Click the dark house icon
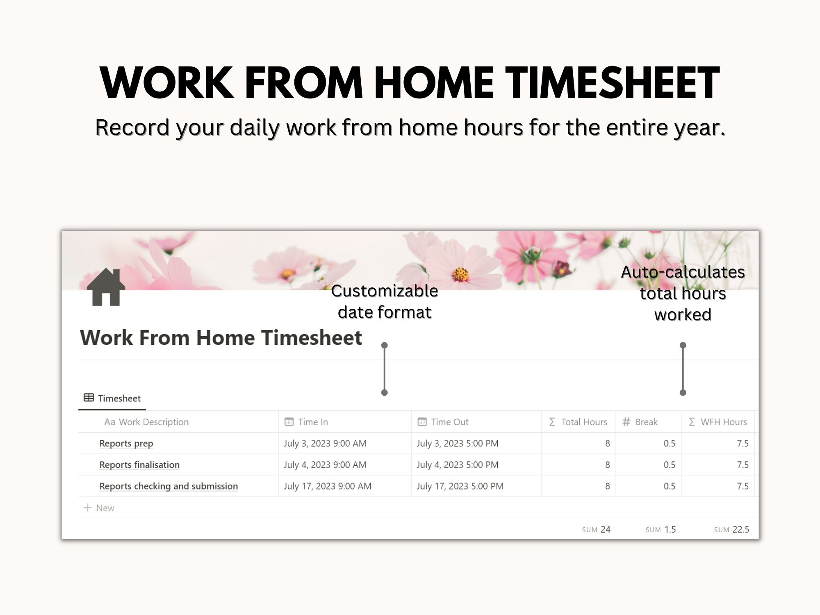106,287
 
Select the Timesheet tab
112,398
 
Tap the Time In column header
313,422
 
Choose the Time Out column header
449,422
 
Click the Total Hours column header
583,422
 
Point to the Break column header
646,422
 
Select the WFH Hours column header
723,422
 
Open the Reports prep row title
126,444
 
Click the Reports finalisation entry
139,465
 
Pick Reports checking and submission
169,486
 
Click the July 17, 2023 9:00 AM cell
327,486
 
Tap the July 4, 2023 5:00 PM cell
458,465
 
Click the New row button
100,508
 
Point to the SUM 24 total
596,529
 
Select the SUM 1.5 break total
661,529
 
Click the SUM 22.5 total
731,529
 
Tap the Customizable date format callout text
385,301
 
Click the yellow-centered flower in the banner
461,274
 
